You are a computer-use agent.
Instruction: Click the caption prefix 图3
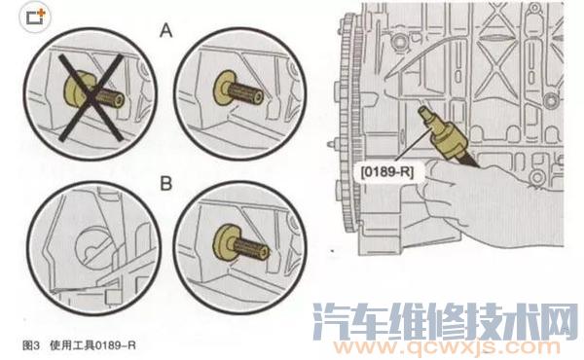pos(30,344)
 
